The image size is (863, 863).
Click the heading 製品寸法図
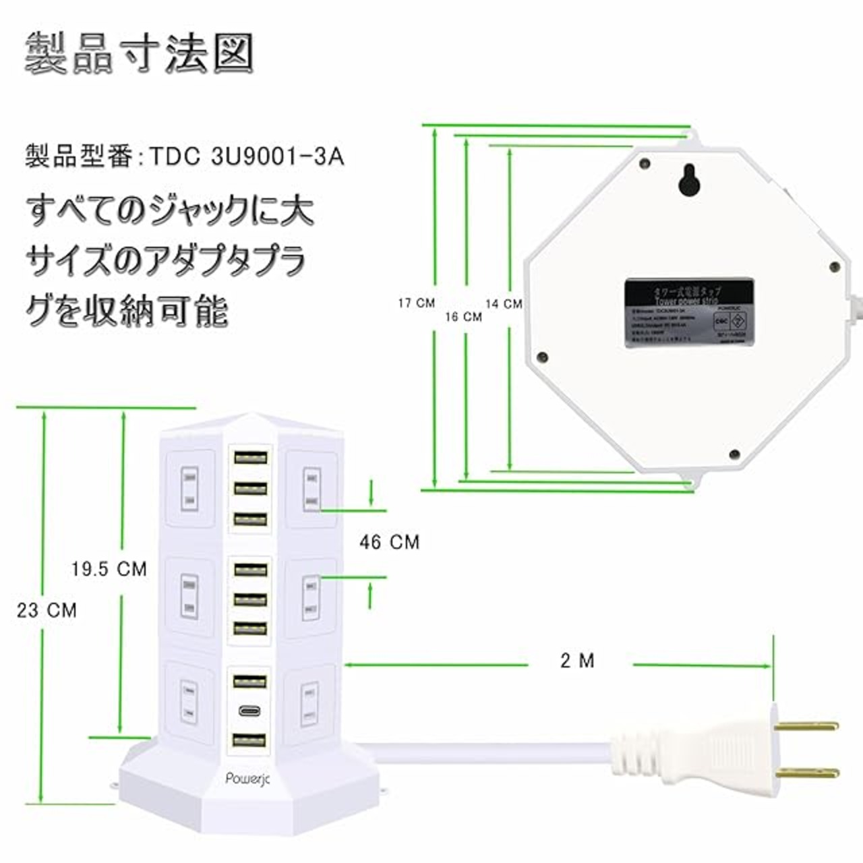point(139,55)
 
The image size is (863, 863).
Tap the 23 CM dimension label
point(47,610)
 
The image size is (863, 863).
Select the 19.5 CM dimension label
point(109,569)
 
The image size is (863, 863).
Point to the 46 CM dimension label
point(389,541)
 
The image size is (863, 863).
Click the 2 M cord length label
point(578,661)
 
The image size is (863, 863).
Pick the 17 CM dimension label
point(416,303)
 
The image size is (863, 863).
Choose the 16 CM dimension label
point(463,316)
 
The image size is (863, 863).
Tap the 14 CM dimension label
point(504,304)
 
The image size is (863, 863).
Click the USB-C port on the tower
point(249,711)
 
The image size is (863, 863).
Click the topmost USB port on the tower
point(249,456)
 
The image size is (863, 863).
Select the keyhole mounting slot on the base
point(688,180)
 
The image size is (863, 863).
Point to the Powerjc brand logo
point(247,779)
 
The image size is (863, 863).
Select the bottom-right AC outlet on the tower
point(309,703)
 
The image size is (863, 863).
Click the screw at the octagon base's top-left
point(645,164)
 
